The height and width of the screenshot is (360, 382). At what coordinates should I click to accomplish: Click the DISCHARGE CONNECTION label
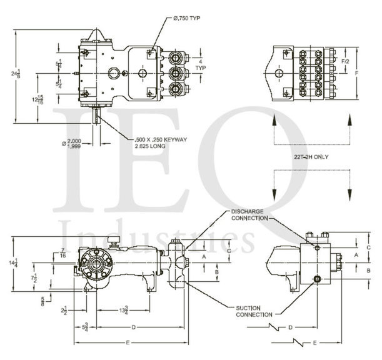249,214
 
